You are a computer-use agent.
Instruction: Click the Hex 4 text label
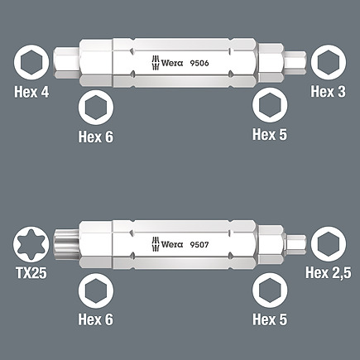(x=31, y=92)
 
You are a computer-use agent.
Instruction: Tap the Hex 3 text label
(x=328, y=91)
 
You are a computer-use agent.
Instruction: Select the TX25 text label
(x=31, y=273)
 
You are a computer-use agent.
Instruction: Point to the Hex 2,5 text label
(x=329, y=272)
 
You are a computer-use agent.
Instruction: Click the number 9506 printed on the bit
(x=199, y=63)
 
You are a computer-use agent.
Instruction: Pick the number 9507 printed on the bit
(x=199, y=244)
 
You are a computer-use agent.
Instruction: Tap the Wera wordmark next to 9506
(x=172, y=63)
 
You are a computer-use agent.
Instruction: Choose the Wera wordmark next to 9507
(x=172, y=244)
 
